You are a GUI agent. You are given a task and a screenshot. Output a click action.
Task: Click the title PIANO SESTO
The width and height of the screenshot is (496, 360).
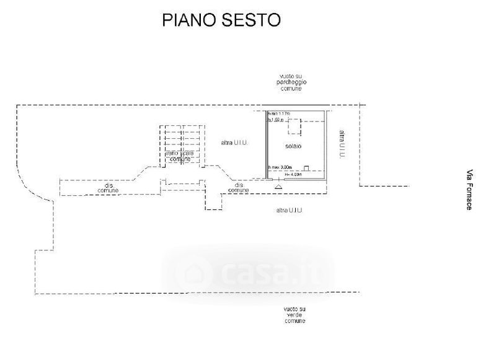tap(221, 20)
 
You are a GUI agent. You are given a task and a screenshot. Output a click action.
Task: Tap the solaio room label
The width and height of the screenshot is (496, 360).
tap(293, 146)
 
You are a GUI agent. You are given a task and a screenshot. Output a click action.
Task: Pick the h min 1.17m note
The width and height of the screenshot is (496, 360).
tap(278, 114)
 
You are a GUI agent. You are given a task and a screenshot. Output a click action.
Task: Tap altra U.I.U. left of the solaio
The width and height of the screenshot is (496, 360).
tap(234, 143)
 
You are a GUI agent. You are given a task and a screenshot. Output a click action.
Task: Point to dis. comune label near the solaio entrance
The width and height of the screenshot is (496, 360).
tap(239, 187)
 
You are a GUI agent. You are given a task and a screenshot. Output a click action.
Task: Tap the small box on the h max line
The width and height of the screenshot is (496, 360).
tap(307, 167)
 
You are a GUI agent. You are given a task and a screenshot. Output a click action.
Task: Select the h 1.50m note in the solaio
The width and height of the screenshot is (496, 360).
tap(275, 120)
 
